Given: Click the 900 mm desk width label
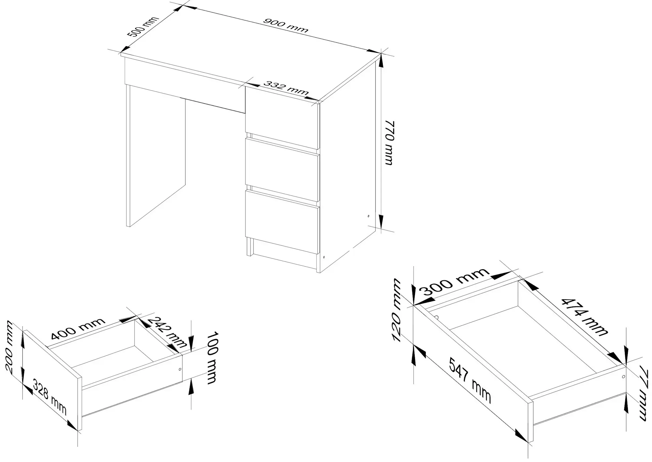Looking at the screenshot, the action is pos(285,25).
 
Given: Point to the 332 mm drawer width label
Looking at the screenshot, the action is pos(286,88).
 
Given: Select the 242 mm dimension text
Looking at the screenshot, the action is pos(167,332).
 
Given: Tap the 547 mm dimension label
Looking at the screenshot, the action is pos(470,380).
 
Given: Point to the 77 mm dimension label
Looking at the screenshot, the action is pos(642,393).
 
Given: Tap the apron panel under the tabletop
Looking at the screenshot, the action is pos(185,85).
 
